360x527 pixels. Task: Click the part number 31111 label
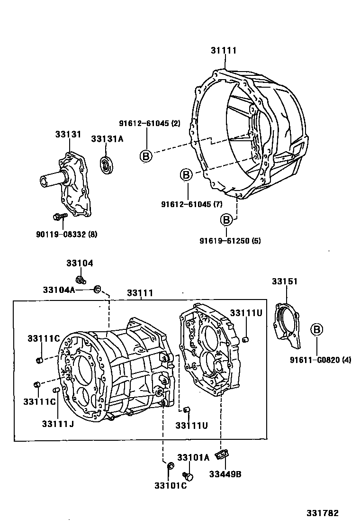224,51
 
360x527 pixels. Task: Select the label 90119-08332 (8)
66,234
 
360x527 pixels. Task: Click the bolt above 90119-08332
60,217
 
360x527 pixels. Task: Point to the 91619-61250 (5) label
230,241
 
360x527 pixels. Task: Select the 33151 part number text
285,282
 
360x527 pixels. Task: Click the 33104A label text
59,290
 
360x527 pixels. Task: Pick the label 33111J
57,423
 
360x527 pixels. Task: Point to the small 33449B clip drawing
221,455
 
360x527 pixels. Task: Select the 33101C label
170,485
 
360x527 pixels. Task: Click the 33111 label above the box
140,293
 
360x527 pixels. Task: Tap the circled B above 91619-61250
226,220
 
